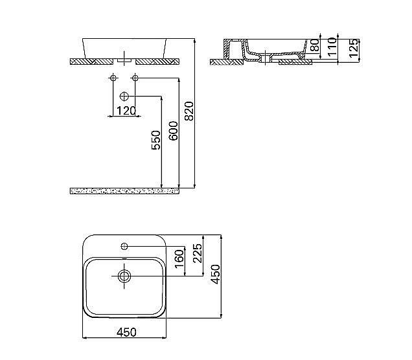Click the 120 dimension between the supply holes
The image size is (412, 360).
tap(126, 111)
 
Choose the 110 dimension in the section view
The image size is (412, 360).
tap(332, 47)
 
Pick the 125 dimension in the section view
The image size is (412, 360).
tap(353, 48)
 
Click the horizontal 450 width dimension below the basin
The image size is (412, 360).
tap(126, 332)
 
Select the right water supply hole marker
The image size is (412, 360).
tap(135, 78)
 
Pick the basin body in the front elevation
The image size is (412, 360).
tap(124, 45)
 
